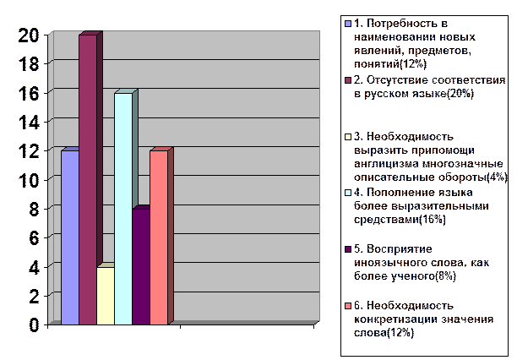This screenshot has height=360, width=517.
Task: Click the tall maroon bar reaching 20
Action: click(88, 179)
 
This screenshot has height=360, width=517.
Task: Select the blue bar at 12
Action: click(70, 237)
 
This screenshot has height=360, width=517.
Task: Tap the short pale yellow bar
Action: click(106, 296)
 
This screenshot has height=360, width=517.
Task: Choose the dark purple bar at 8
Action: click(141, 266)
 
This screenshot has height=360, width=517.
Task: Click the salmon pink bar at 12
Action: click(159, 237)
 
